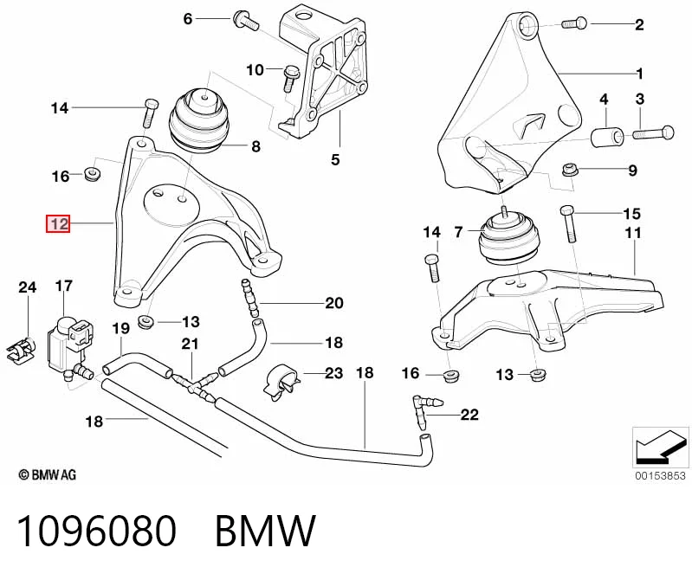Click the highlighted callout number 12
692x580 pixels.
(58, 223)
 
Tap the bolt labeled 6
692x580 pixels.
(245, 20)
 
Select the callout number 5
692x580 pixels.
(335, 159)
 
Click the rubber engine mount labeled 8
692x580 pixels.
(199, 121)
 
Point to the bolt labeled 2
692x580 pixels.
(574, 23)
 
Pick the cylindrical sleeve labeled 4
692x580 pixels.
(607, 136)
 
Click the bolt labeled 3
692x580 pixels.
(654, 132)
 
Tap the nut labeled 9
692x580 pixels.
(568, 170)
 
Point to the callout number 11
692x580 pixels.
(633, 233)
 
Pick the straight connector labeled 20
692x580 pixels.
(249, 298)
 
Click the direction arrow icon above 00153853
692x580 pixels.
(661, 448)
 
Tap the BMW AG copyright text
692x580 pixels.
(48, 474)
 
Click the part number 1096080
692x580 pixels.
(96, 531)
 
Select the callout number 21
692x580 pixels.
(190, 344)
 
